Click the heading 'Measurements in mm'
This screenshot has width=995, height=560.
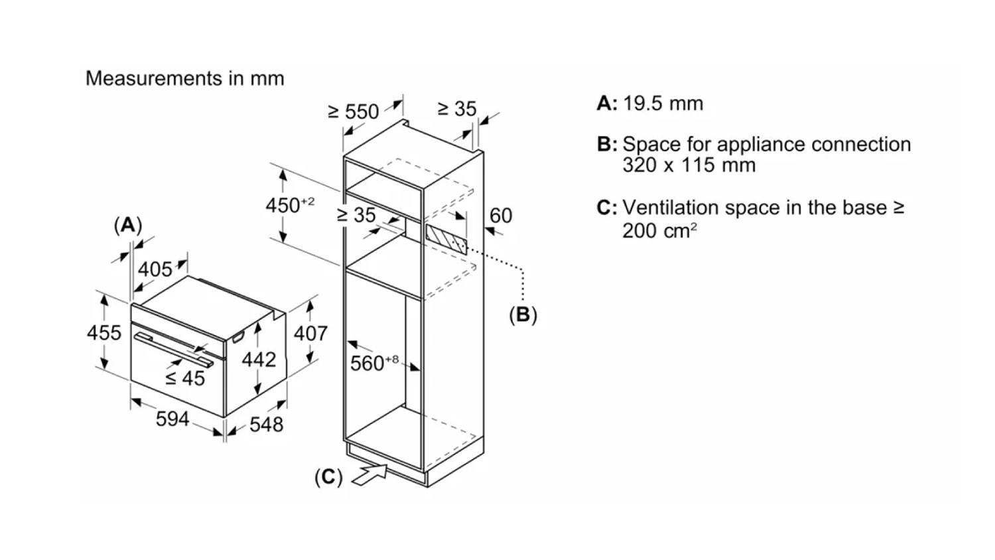(184, 78)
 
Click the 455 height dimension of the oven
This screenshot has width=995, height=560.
(104, 332)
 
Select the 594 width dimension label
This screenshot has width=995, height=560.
(172, 419)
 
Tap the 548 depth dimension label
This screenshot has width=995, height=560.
(267, 424)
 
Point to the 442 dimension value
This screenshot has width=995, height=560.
(259, 360)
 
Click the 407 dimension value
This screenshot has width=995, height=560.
(310, 332)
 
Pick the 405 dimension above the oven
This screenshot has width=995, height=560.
(155, 269)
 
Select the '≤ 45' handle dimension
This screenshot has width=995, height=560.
(185, 378)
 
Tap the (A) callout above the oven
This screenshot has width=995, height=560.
(127, 226)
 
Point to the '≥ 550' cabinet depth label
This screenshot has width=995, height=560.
(354, 111)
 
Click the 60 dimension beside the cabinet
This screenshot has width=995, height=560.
(501, 216)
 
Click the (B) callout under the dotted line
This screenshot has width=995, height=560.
(523, 315)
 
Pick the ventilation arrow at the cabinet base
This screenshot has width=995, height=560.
(369, 474)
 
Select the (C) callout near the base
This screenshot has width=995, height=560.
(328, 477)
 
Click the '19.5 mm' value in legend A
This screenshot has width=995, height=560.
(663, 104)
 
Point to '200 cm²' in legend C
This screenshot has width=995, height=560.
(659, 230)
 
